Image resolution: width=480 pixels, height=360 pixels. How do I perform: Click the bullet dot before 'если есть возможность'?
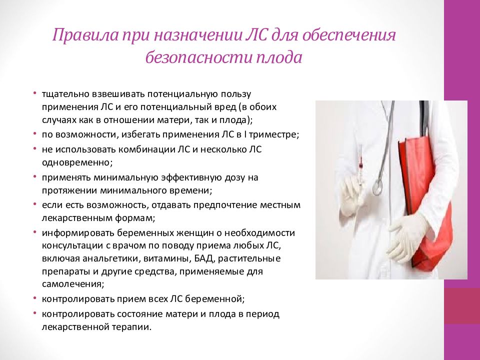pos(35,204)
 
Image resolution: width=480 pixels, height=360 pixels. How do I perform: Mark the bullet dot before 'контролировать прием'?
pos(35,299)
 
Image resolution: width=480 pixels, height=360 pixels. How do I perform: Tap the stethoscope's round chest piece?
pos(377,187)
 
